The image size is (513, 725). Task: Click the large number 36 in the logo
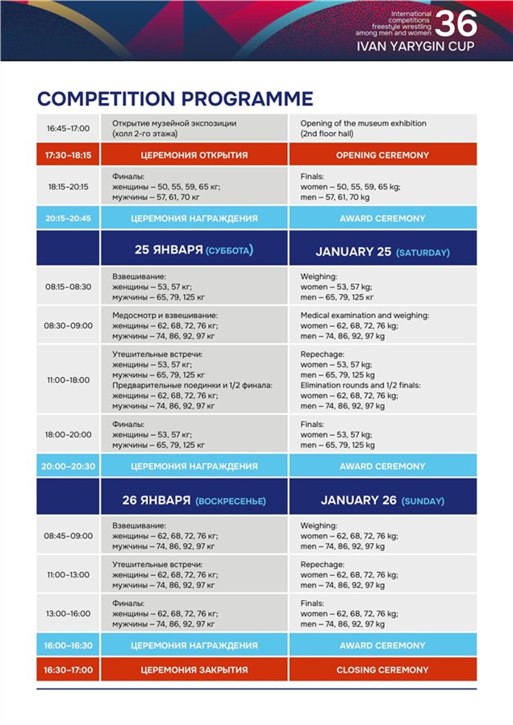pyautogui.click(x=456, y=23)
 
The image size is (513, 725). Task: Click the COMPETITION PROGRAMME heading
pyautogui.click(x=175, y=99)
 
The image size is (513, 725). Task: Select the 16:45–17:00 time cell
pyautogui.click(x=69, y=127)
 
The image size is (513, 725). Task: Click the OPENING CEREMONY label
pyautogui.click(x=382, y=155)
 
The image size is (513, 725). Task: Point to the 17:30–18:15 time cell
pyautogui.click(x=69, y=155)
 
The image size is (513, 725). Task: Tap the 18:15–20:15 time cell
pyautogui.click(x=69, y=186)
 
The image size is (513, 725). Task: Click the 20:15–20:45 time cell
pyautogui.click(x=69, y=218)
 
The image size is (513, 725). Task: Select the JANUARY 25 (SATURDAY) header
pyautogui.click(x=382, y=251)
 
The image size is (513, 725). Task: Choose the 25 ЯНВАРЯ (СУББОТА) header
pyautogui.click(x=194, y=251)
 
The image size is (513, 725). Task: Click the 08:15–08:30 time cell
pyautogui.click(x=69, y=286)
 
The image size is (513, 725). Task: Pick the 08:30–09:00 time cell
pyautogui.click(x=69, y=325)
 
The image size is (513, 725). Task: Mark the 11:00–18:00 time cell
pyautogui.click(x=69, y=379)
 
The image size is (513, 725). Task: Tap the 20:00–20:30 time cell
pyautogui.click(x=69, y=466)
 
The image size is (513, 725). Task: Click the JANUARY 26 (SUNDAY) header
pyautogui.click(x=382, y=500)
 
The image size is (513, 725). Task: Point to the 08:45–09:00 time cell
pyautogui.click(x=69, y=536)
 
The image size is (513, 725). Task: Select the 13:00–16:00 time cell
pyautogui.click(x=69, y=613)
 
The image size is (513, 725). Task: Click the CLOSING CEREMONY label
pyautogui.click(x=382, y=669)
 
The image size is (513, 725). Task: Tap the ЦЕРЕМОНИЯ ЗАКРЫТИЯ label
pyautogui.click(x=194, y=669)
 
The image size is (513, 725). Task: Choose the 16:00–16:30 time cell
pyautogui.click(x=69, y=645)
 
